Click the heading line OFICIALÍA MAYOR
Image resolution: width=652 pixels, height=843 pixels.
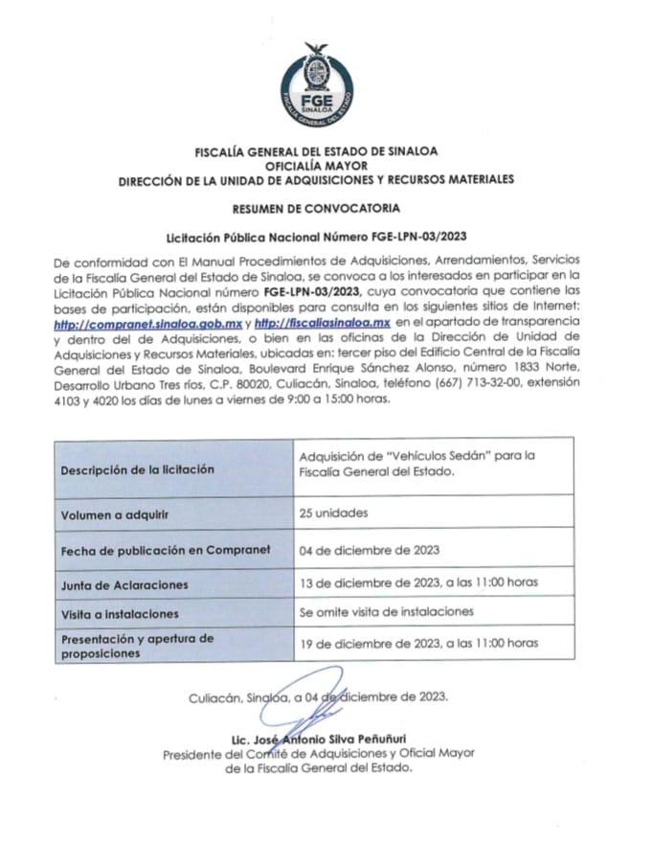tap(326, 165)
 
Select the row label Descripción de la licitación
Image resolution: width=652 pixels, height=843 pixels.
tap(137, 470)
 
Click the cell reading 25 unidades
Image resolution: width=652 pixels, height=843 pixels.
tap(332, 513)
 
